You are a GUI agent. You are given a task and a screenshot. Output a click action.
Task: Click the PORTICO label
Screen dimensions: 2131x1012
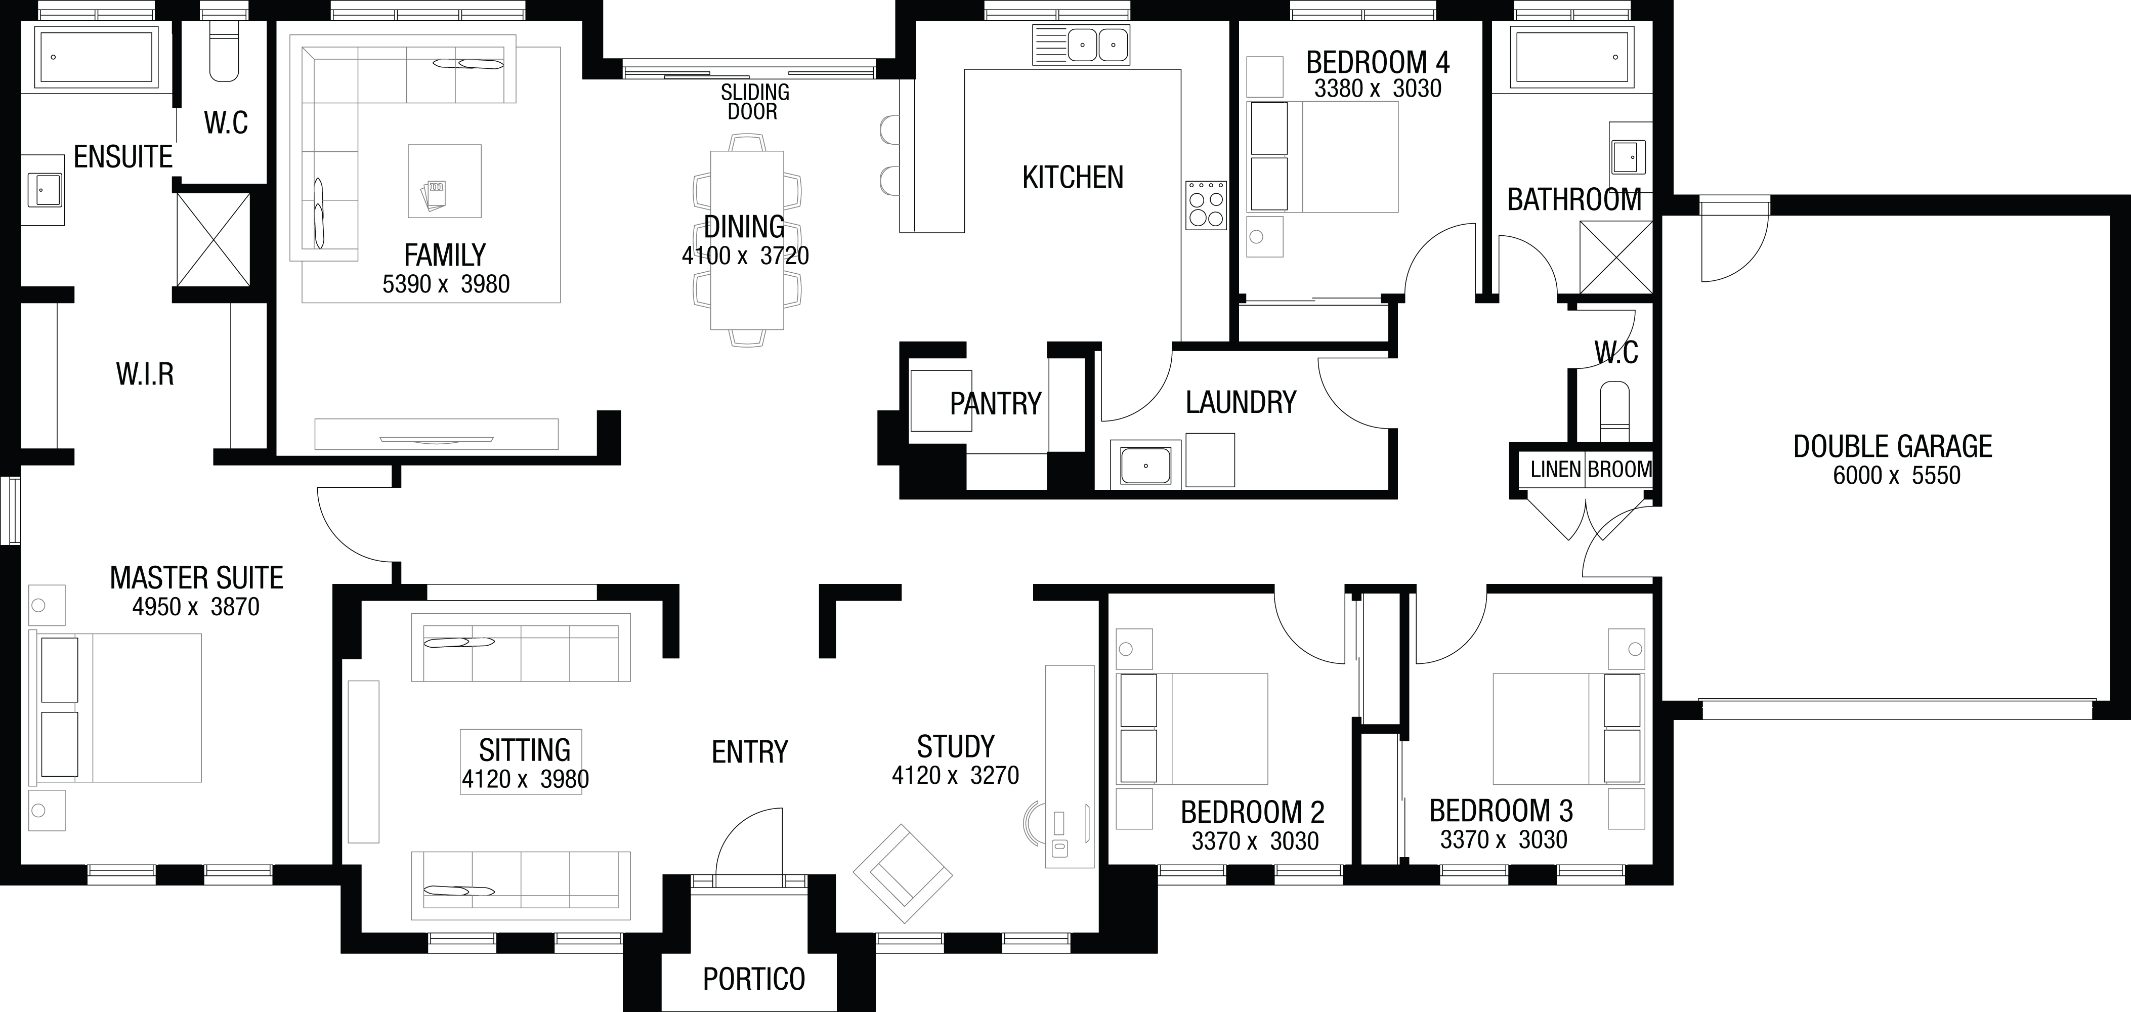pos(754,979)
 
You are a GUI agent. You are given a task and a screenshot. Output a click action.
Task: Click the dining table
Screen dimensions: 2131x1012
pos(747,240)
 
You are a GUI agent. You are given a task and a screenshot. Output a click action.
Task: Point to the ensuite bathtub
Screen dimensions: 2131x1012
pos(96,56)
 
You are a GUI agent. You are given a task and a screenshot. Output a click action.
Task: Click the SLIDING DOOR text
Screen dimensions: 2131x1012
pos(754,102)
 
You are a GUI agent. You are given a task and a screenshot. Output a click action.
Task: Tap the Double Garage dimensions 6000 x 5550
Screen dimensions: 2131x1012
pos(1896,476)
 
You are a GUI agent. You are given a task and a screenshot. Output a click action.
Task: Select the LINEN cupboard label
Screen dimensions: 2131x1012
pos(1555,470)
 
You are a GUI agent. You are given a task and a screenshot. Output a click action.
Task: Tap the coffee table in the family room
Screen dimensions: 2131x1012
pos(444,181)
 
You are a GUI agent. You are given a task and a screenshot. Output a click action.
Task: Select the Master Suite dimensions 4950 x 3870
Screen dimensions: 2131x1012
pos(196,607)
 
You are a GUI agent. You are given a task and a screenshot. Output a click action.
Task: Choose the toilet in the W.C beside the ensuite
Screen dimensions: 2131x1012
pos(223,51)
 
